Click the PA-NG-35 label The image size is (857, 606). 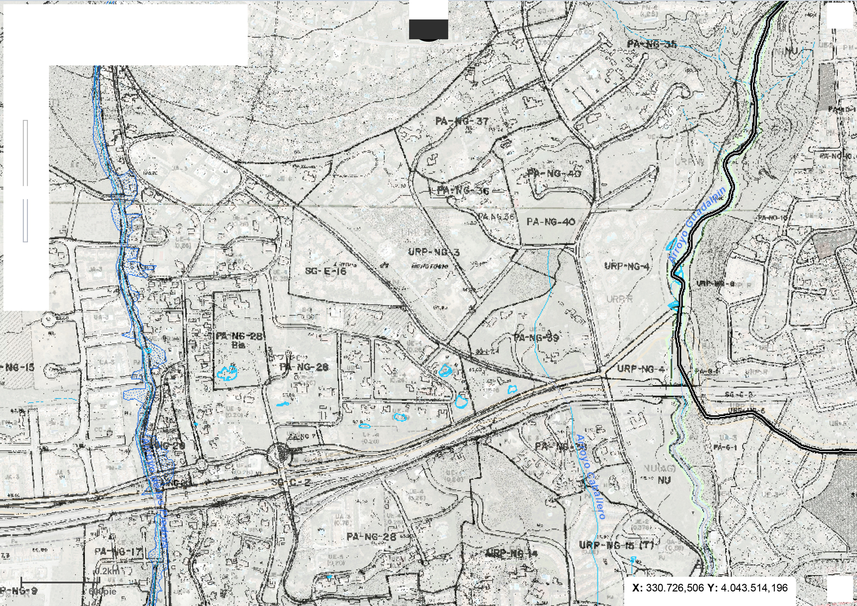point(652,45)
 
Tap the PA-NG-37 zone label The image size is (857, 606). point(462,121)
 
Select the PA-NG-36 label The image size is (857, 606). point(463,190)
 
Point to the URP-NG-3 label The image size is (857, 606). point(434,252)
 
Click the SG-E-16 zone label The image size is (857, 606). point(326,271)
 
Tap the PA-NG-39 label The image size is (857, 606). point(536,338)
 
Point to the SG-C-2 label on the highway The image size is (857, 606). point(291,482)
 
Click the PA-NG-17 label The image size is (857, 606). point(118,551)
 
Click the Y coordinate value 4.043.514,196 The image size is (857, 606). point(754,588)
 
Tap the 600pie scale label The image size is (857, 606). point(102,591)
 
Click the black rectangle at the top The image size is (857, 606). point(428,29)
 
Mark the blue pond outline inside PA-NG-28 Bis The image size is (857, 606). point(227,373)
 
